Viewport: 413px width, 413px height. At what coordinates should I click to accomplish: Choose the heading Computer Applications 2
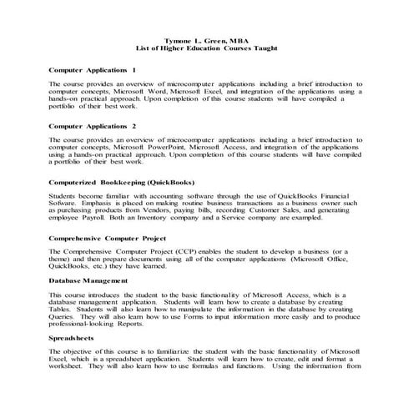[x=93, y=126]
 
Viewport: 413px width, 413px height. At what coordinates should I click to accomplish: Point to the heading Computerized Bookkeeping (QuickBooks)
[x=122, y=180]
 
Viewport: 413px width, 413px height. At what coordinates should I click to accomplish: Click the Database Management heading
[x=88, y=280]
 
